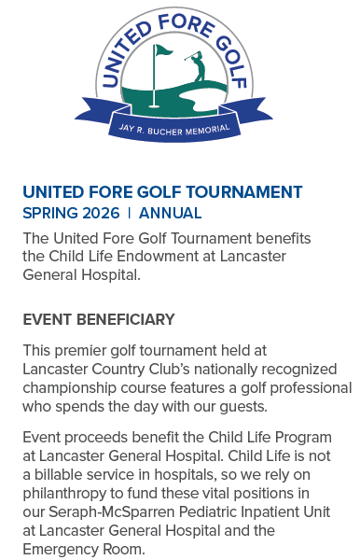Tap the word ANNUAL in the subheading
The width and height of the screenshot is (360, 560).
[170, 213]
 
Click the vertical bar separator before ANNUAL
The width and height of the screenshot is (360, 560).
[129, 213]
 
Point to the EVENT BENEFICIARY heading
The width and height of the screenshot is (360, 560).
[99, 320]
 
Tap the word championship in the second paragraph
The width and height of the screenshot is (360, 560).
[66, 386]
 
